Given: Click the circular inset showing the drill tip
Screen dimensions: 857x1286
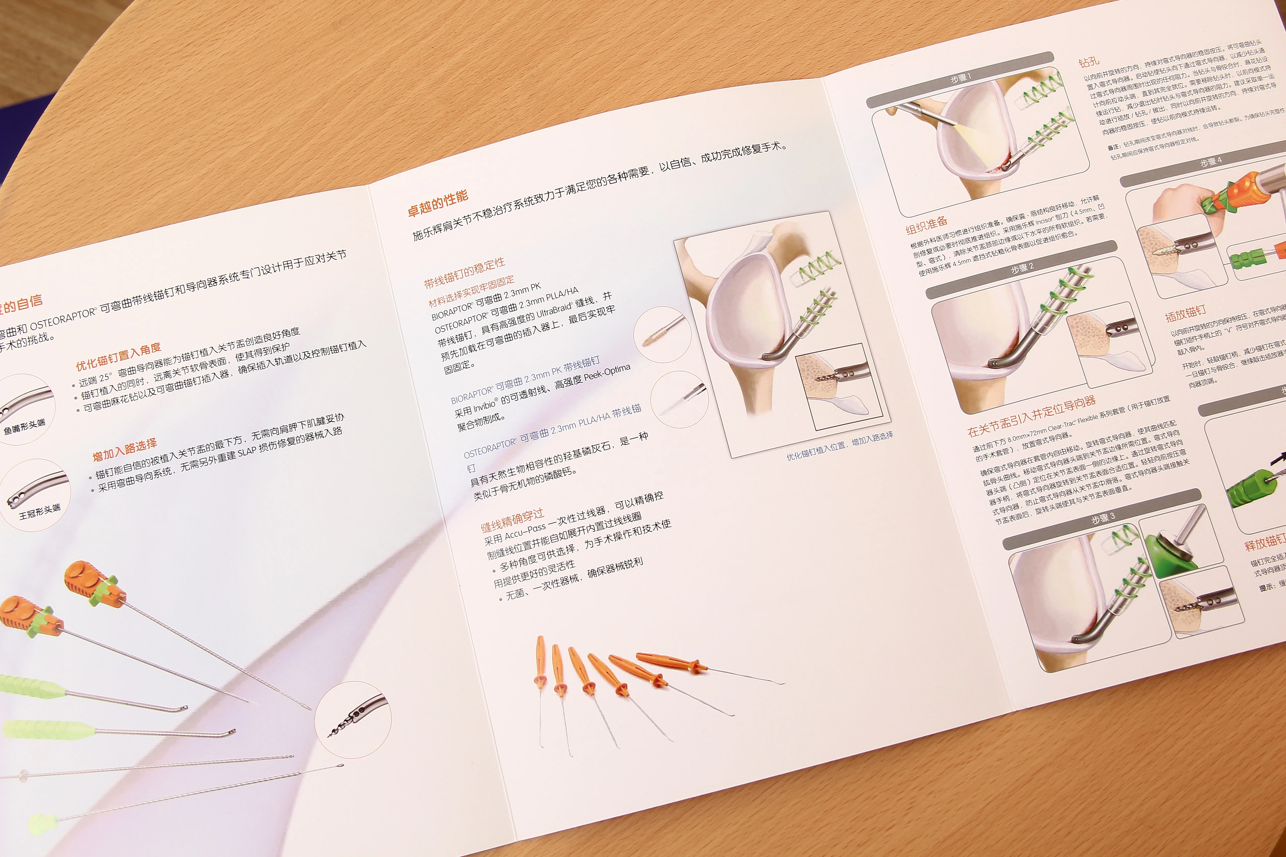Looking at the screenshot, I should point(353,719).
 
